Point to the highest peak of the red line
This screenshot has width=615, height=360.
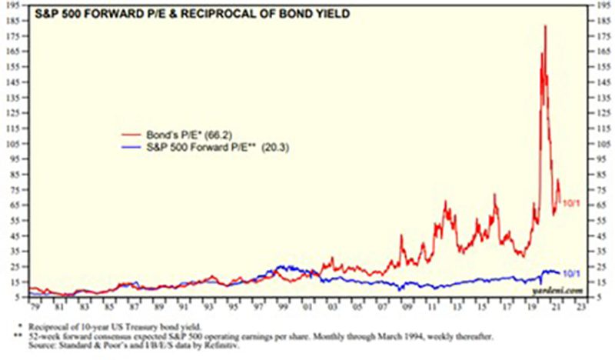coord(545,26)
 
